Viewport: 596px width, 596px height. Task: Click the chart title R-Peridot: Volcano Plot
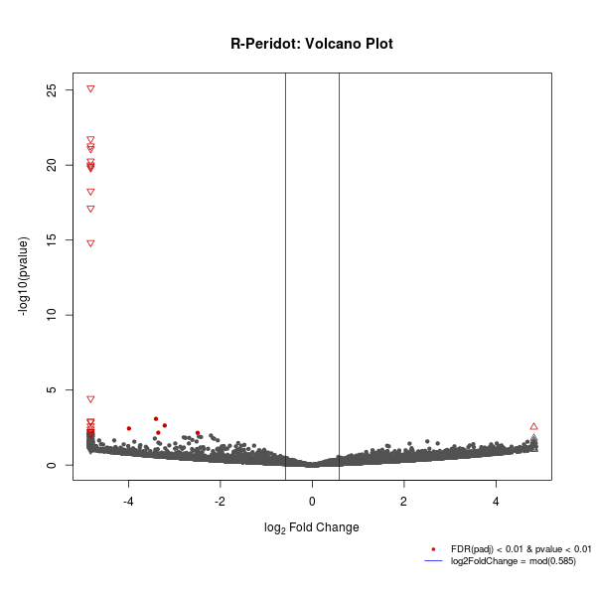pos(312,44)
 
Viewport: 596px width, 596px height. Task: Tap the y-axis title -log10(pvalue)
pos(24,276)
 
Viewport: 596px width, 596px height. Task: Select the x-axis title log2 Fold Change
pos(312,527)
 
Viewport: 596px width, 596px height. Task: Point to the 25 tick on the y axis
pos(51,89)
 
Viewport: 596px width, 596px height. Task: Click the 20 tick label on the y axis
pos(51,165)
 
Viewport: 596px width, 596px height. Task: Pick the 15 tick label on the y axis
pos(51,240)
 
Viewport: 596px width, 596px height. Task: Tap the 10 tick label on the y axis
pos(51,315)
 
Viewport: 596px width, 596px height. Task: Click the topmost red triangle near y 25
pos(90,89)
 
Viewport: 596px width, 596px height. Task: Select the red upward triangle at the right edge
pos(533,426)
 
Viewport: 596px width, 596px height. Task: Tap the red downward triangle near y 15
pos(90,243)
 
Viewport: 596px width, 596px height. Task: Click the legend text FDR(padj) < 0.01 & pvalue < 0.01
pos(521,549)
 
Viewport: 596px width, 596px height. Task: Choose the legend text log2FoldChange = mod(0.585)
pos(514,561)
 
